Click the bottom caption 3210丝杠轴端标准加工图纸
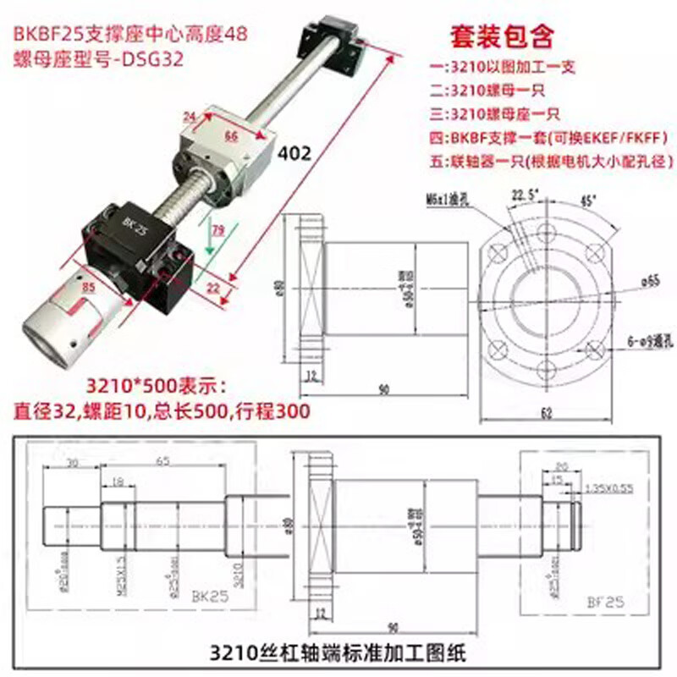pyautogui.click(x=338, y=653)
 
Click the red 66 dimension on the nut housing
pyautogui.click(x=230, y=133)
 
